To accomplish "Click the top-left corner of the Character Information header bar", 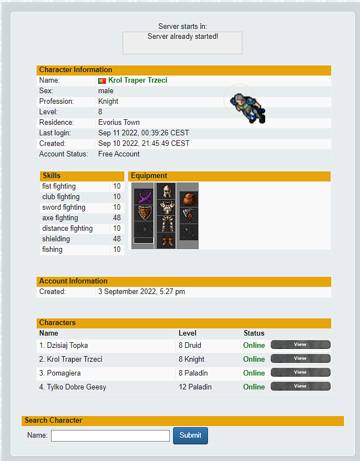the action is (37, 65).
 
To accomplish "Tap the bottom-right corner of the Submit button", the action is (208, 444).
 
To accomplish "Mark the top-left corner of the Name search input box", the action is (51, 430).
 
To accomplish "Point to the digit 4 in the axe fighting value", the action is (115, 218).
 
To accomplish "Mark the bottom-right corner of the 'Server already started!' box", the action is (242, 54).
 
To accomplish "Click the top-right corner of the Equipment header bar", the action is (331, 172).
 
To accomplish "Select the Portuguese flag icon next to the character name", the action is (102, 80).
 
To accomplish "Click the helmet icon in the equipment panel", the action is (166, 191).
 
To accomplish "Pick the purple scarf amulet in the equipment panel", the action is (144, 196).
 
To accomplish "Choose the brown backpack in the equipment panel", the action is (189, 199).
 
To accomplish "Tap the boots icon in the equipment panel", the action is (166, 241).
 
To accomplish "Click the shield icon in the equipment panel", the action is (144, 213).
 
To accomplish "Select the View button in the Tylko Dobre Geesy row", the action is (300, 386).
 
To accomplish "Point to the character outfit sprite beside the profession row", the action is (248, 108).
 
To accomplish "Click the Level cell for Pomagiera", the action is (193, 373).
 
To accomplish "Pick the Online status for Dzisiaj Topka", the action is (254, 346).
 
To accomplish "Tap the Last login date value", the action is (144, 133).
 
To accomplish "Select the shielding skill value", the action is (116, 239).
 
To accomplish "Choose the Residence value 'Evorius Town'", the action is (119, 122).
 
